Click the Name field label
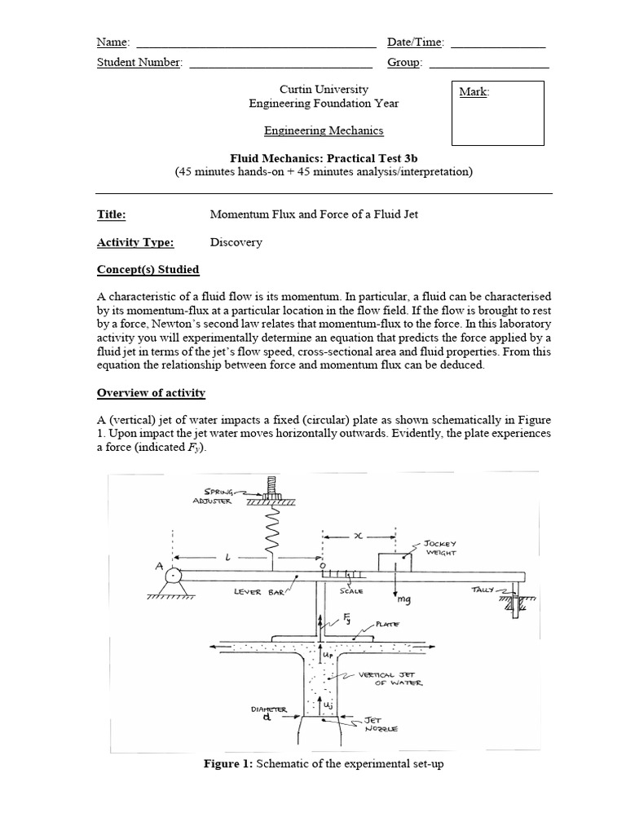(x=112, y=42)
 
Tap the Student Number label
(x=139, y=63)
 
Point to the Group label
(x=404, y=63)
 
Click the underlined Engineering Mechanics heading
(x=324, y=130)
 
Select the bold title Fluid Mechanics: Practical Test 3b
(x=324, y=157)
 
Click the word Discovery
(x=236, y=242)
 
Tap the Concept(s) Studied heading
(x=148, y=270)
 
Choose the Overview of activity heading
(x=151, y=393)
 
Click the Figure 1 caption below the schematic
(x=324, y=763)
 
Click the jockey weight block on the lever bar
(x=395, y=563)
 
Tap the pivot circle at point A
(x=174, y=577)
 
